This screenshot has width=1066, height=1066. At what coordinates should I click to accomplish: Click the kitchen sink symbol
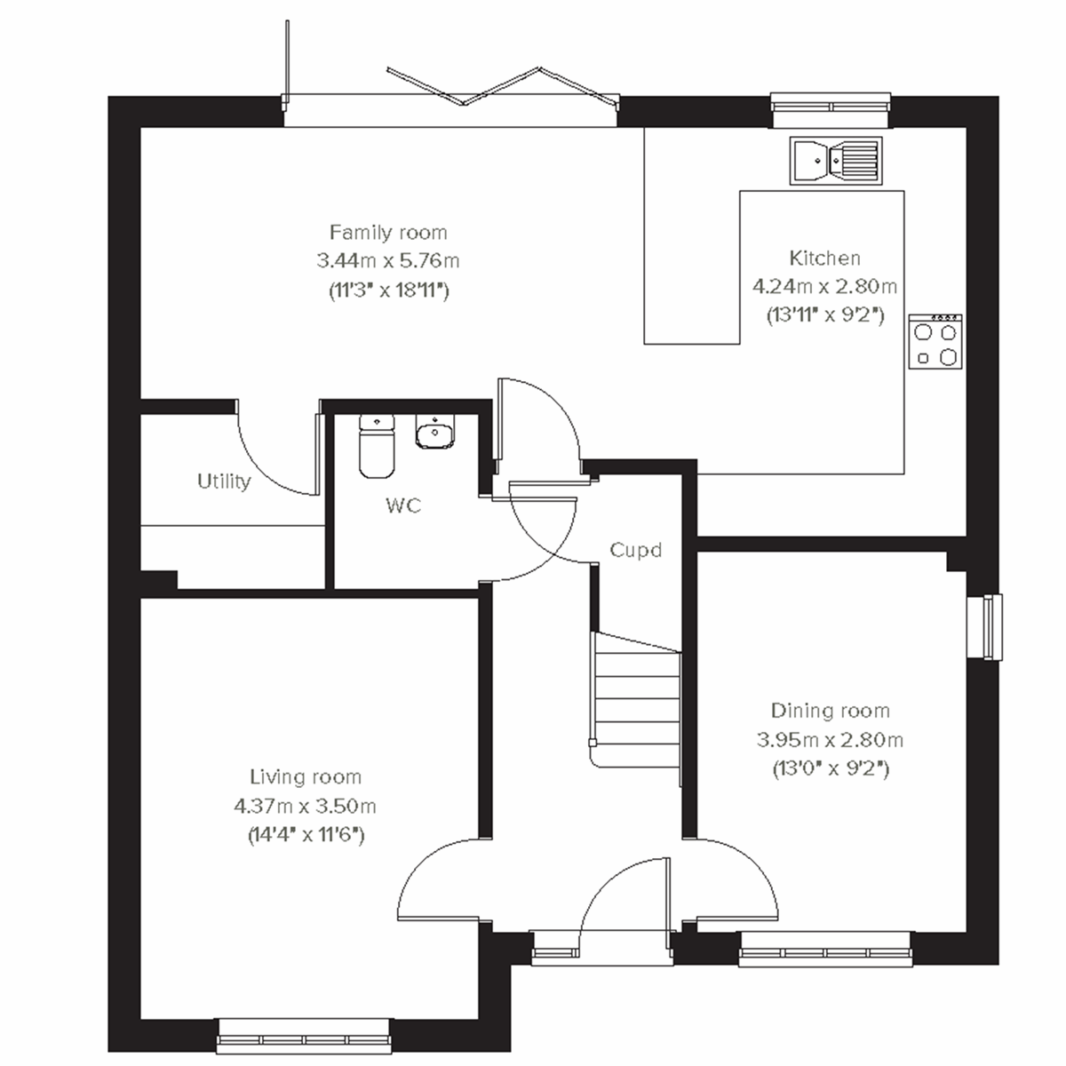(x=836, y=161)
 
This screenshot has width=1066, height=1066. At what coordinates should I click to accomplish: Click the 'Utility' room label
(x=224, y=481)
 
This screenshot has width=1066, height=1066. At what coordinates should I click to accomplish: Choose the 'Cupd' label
(x=636, y=550)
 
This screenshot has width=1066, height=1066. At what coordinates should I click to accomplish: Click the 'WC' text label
(x=403, y=506)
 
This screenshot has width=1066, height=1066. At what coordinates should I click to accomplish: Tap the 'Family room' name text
(x=388, y=233)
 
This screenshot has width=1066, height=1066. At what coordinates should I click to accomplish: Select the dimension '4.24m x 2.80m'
(x=824, y=286)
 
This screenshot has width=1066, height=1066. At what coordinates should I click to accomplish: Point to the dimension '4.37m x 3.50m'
(x=305, y=806)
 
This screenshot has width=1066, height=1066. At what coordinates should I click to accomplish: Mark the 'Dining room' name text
(x=830, y=711)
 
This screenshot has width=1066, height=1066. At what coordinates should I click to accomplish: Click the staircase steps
(x=634, y=702)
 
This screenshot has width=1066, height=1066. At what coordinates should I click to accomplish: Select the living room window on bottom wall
(x=305, y=1038)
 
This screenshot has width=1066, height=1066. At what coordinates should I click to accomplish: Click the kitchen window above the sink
(x=830, y=107)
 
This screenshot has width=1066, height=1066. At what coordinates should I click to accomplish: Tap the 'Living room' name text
(x=305, y=777)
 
